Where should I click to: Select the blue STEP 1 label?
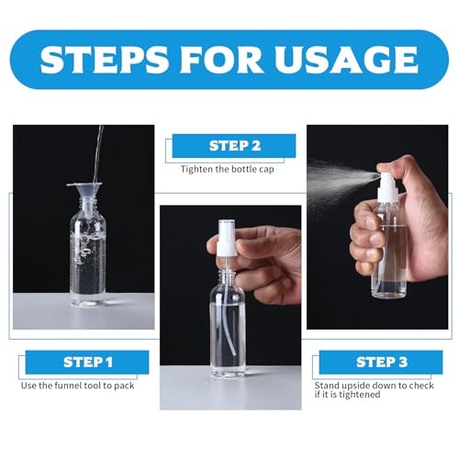click(x=88, y=362)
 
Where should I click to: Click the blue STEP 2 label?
click(x=235, y=146)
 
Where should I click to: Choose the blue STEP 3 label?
click(x=381, y=362)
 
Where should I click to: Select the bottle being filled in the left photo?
click(x=87, y=257)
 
